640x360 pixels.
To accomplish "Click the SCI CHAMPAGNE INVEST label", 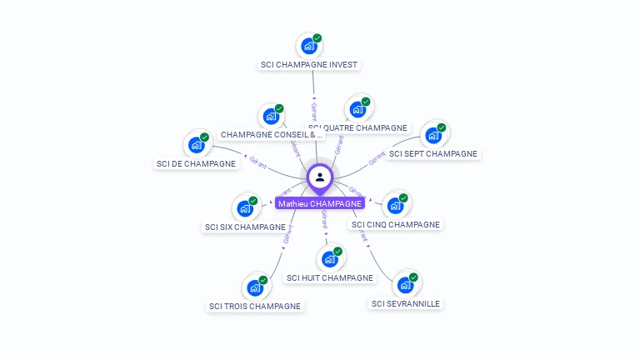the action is tap(309, 64).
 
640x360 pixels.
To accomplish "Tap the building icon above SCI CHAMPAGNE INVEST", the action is tap(309, 46).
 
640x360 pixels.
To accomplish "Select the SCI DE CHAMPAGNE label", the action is tap(196, 163).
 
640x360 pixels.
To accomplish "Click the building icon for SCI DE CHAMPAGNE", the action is tap(197, 145).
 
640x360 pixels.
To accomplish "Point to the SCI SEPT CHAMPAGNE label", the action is tap(433, 153).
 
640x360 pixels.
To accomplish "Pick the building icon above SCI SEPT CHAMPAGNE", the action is tap(433, 135).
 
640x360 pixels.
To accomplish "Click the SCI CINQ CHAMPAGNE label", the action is tap(395, 224).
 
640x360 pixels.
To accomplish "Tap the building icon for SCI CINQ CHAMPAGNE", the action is tap(395, 205).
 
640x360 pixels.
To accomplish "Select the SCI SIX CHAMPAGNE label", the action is tap(245, 227).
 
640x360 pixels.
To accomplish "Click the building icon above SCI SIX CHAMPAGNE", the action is tap(245, 207).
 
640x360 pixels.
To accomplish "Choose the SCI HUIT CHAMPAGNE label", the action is tap(329, 277).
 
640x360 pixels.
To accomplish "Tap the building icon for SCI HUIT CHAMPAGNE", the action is tap(329, 259).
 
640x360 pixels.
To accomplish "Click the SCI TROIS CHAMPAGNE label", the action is tap(255, 306).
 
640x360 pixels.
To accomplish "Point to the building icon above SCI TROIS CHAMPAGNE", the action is tap(255, 287).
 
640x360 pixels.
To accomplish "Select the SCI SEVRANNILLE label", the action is tap(405, 303).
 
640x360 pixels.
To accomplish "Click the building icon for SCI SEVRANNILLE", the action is tap(405, 285).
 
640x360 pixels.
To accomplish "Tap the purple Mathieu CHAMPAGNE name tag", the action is tap(320, 203).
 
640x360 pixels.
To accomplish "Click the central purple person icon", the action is tap(320, 177).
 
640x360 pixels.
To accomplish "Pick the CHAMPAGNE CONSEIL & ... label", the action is tap(271, 134).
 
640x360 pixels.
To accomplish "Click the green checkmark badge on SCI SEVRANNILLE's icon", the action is tap(413, 277).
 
